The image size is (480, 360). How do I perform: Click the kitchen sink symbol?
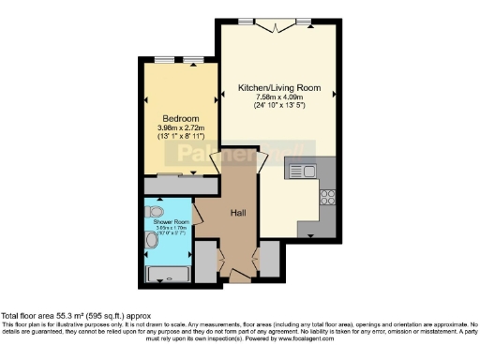(x=304, y=171)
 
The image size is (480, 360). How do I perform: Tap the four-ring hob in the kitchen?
(x=328, y=197)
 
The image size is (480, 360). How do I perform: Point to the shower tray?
(x=167, y=275)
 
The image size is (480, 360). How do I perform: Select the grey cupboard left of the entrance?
(x=205, y=261)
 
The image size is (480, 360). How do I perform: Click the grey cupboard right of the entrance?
(x=268, y=259)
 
